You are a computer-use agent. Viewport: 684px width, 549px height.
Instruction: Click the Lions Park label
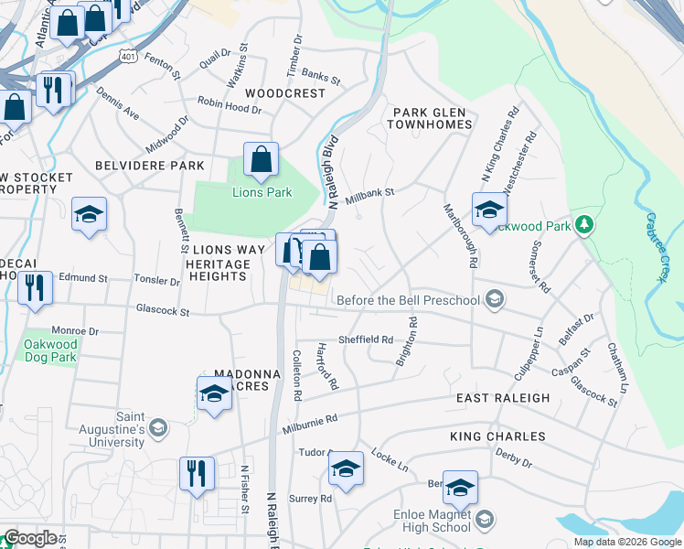pyautogui.click(x=261, y=193)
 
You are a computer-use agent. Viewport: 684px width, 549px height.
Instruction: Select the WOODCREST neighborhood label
pyautogui.click(x=285, y=93)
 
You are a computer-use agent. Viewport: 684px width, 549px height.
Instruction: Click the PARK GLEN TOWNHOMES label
pyautogui.click(x=433, y=118)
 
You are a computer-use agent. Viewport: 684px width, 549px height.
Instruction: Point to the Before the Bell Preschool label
pyautogui.click(x=410, y=300)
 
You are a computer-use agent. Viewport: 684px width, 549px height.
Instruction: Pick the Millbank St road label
pyautogui.click(x=369, y=195)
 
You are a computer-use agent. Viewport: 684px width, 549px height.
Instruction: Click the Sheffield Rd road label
pyautogui.click(x=366, y=338)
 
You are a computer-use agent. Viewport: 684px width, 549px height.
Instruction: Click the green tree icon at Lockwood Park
pyautogui.click(x=582, y=225)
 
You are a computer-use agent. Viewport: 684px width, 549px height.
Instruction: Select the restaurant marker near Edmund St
pyautogui.click(x=35, y=286)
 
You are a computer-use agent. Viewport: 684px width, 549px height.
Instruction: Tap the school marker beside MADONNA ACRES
pyautogui.click(x=214, y=393)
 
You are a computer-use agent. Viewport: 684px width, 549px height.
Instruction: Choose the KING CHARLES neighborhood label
pyautogui.click(x=497, y=436)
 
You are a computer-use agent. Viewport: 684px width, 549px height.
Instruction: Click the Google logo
pyautogui.click(x=30, y=538)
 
